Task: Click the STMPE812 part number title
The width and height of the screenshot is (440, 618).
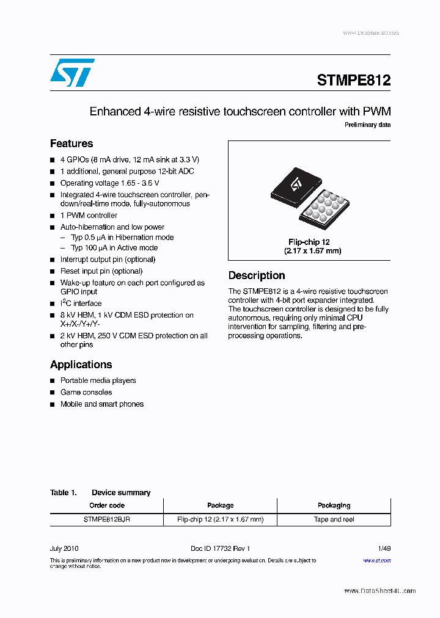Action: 353,80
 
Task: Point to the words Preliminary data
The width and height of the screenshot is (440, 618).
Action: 367,125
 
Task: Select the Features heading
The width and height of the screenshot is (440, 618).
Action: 71,144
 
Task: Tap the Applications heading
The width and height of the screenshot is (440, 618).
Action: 81,365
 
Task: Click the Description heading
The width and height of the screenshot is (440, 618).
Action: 256,275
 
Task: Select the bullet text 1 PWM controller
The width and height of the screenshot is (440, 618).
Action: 89,216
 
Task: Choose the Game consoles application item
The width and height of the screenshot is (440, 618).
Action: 86,392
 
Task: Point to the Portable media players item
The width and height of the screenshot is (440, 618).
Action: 98,380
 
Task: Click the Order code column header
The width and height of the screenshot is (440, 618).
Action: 107,506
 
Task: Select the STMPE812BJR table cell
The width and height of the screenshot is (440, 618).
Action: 107,520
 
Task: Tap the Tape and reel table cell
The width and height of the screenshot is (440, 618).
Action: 334,520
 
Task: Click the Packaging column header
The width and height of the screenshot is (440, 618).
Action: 334,506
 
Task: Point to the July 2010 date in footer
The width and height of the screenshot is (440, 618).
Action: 64,548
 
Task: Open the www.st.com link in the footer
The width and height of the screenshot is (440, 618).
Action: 377,561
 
